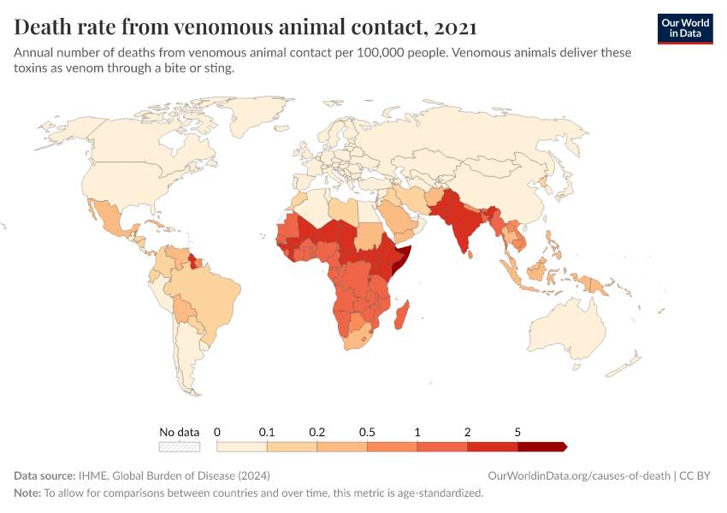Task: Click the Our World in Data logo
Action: (x=685, y=28)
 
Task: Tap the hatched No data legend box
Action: (x=180, y=446)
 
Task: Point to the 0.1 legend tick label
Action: (x=267, y=432)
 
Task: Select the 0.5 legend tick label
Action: (x=367, y=432)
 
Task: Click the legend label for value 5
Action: (x=517, y=432)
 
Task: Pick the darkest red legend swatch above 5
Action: (x=541, y=446)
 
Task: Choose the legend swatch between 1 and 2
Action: (x=442, y=446)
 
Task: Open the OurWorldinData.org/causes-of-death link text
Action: (x=578, y=475)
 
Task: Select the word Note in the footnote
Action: (x=27, y=493)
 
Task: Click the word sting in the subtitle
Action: (x=217, y=68)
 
